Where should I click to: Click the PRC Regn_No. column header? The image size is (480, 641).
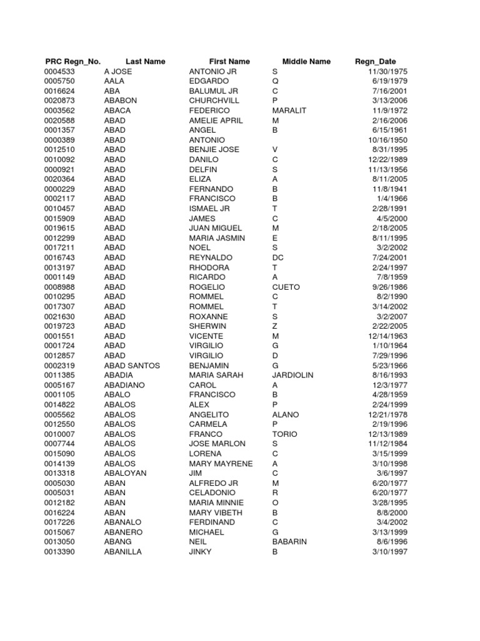coord(73,61)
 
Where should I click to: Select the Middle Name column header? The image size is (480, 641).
coord(306,61)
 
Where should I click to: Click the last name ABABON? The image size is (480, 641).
coord(121,101)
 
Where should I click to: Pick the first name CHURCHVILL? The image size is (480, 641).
coord(214,101)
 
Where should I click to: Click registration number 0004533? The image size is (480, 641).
coord(59,71)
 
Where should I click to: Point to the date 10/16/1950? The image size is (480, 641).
coord(388,140)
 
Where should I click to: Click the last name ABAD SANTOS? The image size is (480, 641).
coord(132,366)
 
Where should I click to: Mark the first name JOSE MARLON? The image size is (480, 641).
coord(217,444)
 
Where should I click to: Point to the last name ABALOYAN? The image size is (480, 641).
coord(126,473)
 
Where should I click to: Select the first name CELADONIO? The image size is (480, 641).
coord(212,493)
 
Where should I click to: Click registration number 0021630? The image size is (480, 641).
coord(59,317)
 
